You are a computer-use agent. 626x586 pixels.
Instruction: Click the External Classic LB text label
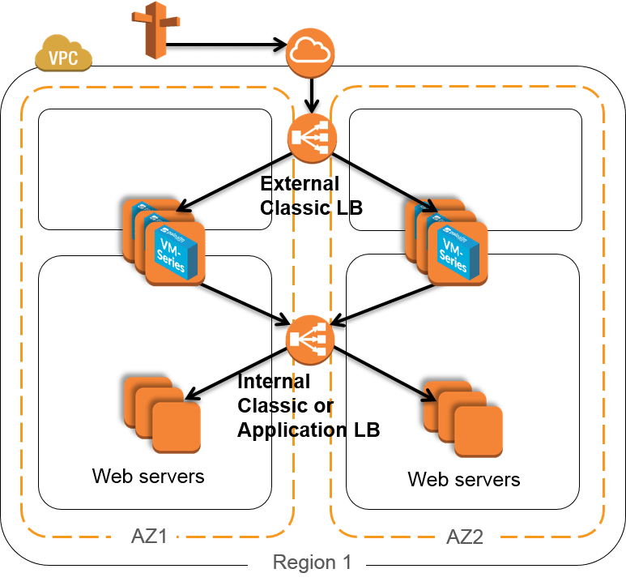click(311, 195)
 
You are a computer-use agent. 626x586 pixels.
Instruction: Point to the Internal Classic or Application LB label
click(308, 405)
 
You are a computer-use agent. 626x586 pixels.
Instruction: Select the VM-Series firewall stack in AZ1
click(165, 240)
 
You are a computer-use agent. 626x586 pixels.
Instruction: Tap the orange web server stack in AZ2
click(462, 417)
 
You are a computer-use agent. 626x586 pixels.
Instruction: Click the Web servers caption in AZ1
click(148, 475)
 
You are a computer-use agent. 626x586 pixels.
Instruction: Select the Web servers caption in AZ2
click(463, 479)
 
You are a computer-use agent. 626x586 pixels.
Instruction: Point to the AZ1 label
click(151, 536)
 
